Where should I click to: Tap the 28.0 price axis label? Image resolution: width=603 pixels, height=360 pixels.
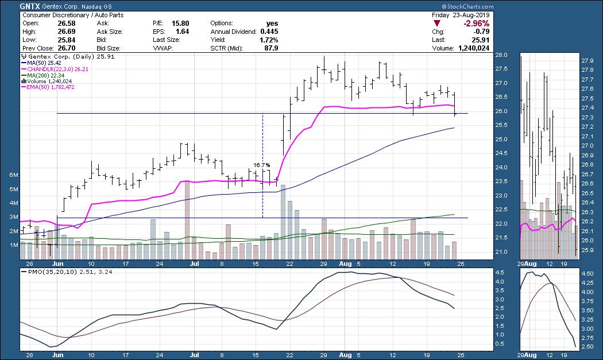pos(501,55)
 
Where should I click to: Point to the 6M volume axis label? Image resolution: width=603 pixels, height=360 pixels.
pos(11,175)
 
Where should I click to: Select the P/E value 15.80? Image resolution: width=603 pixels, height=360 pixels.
pos(181,24)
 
